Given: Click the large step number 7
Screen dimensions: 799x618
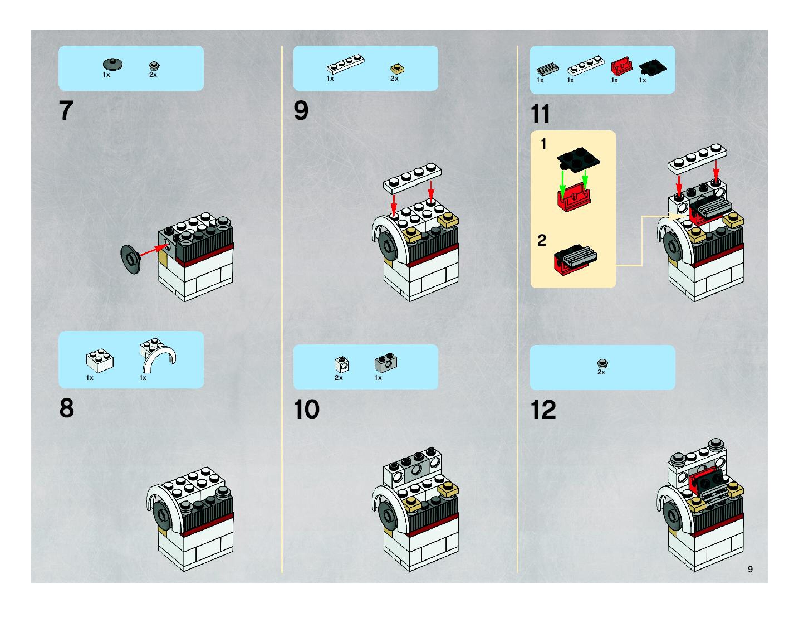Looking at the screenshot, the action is (x=66, y=110).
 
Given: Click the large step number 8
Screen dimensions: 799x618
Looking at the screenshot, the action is (x=67, y=408).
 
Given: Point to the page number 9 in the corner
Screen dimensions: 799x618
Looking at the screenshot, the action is (x=750, y=569).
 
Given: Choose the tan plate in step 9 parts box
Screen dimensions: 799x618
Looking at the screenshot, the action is (x=397, y=69).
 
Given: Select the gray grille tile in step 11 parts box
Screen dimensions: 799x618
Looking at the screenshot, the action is (x=547, y=69).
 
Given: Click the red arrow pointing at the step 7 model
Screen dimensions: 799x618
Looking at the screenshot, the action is (x=153, y=250).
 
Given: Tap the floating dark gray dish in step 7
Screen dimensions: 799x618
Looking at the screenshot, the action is (x=130, y=259).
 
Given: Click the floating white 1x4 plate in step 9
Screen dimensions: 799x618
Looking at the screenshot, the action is (x=412, y=178).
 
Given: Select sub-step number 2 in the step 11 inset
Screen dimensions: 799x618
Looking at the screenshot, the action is (x=542, y=240).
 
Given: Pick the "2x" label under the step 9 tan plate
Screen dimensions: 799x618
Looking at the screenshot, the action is (x=394, y=78).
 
